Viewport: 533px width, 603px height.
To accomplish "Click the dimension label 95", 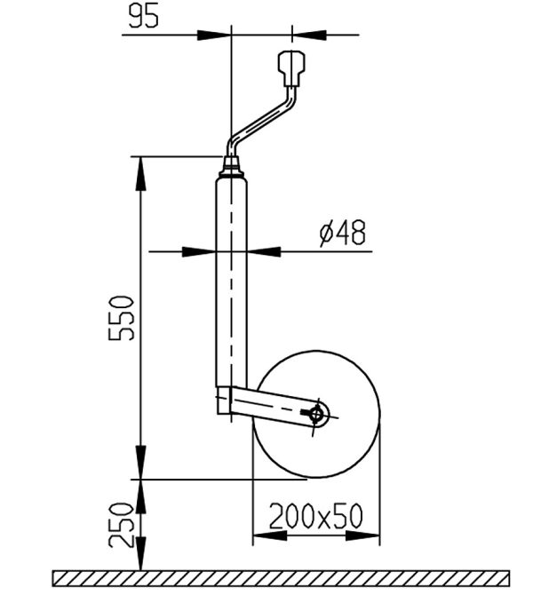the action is click(x=143, y=17).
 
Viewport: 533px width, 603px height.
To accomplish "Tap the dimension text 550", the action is click(x=121, y=318).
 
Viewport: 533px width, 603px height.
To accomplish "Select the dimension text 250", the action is click(x=121, y=526).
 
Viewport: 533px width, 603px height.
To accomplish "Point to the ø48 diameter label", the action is click(x=343, y=233).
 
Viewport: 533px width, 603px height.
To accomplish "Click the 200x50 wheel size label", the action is click(x=315, y=516).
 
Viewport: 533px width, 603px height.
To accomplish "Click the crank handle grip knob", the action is click(x=292, y=67).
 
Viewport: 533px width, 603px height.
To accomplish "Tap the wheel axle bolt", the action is click(x=316, y=414).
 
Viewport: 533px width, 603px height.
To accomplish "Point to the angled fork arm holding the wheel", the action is click(x=278, y=408).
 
